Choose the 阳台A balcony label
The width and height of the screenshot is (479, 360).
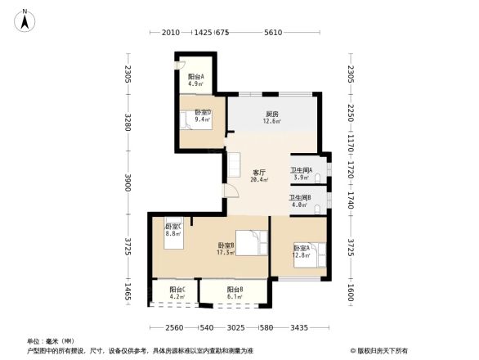point(195,79)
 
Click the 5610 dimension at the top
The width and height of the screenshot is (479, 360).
point(272,33)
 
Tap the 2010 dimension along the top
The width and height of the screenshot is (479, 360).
point(170,33)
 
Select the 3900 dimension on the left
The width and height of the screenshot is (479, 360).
point(128,184)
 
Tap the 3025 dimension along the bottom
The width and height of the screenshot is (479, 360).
point(235,329)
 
